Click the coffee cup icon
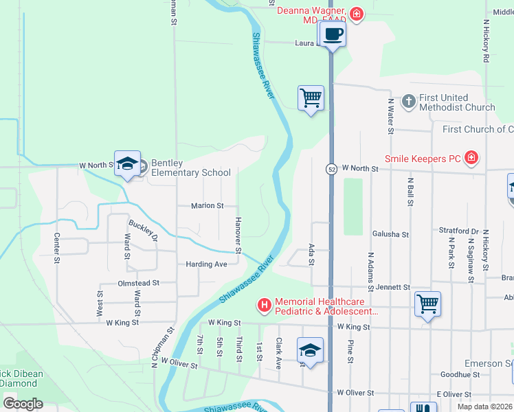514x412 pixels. [333, 34]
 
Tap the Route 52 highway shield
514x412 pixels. [331, 169]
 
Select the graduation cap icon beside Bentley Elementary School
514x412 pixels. [127, 163]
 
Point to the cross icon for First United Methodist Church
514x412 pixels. [408, 102]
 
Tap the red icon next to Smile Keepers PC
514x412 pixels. [471, 159]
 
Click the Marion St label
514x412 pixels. [208, 205]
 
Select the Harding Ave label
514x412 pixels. [206, 264]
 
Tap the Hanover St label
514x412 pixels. [238, 236]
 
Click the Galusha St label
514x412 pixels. [390, 234]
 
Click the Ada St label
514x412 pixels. [312, 253]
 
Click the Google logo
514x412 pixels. [23, 404]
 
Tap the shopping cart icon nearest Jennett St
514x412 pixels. [427, 304]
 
